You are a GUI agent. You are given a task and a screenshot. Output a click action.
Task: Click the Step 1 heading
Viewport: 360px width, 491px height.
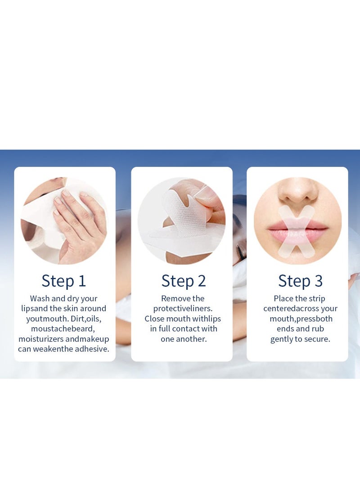pyautogui.click(x=63, y=280)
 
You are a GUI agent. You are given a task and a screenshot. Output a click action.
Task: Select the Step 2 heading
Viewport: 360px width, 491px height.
pyautogui.click(x=184, y=281)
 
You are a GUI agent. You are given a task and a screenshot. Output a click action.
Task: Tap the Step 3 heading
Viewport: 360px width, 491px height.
pyautogui.click(x=300, y=280)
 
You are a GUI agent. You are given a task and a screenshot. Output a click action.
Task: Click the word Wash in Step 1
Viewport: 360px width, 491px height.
pyautogui.click(x=40, y=298)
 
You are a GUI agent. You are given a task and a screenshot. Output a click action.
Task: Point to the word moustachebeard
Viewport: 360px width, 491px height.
pyautogui.click(x=63, y=329)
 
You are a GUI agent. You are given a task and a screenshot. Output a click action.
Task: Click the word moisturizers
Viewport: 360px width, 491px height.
pyautogui.click(x=41, y=339)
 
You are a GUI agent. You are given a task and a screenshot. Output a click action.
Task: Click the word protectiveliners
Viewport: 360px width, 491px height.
pyautogui.click(x=183, y=309)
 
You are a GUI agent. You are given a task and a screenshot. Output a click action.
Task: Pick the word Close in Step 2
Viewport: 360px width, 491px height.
pyautogui.click(x=154, y=319)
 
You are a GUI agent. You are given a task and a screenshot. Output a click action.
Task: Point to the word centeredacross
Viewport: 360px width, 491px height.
pyautogui.click(x=291, y=308)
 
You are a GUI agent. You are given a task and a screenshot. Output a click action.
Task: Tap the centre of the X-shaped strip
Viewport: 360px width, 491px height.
pyautogui.click(x=297, y=231)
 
